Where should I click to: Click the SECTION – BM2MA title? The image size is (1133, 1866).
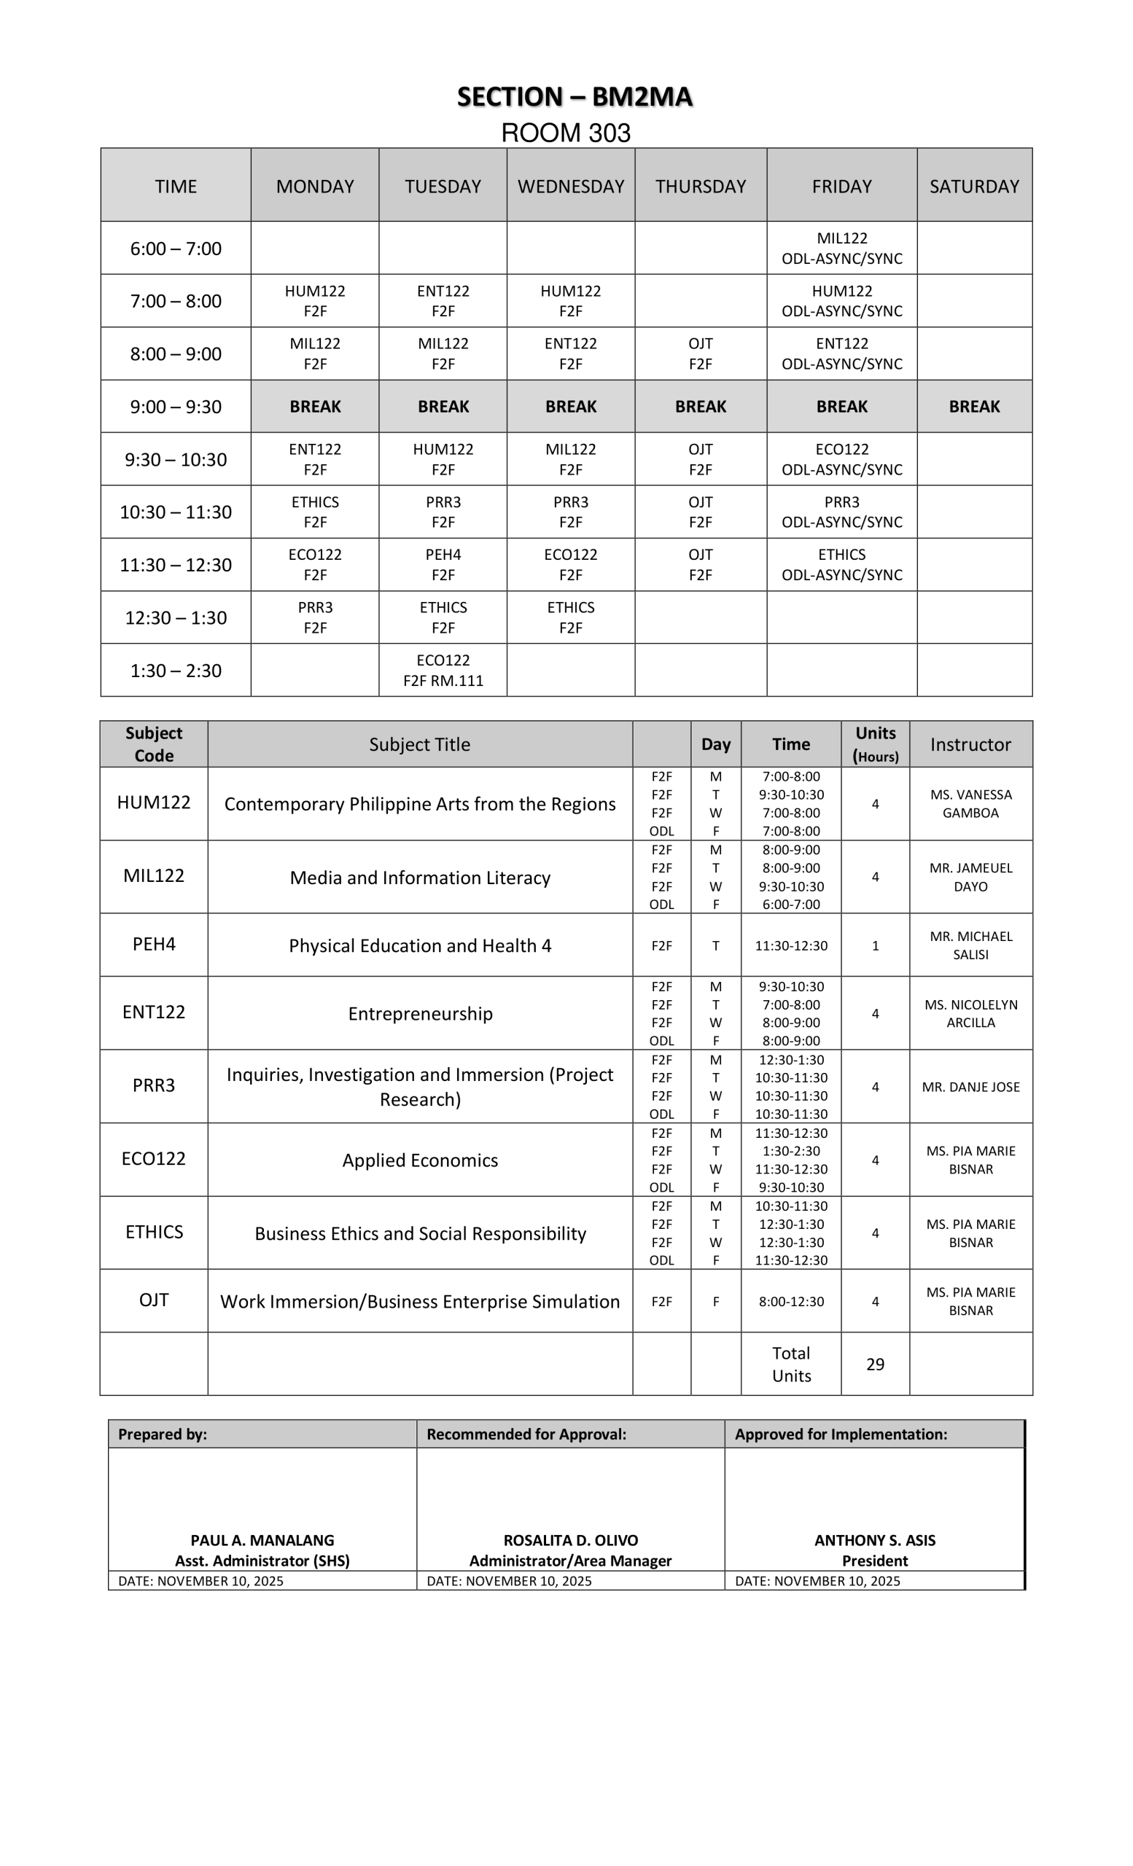tap(574, 97)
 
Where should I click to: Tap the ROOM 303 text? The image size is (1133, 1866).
tap(566, 133)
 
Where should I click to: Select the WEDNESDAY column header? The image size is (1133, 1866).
tap(570, 187)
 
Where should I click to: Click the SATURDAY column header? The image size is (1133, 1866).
tap(974, 187)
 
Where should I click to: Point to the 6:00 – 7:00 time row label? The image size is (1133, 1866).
tap(176, 249)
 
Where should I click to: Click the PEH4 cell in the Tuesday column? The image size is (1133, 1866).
tap(443, 564)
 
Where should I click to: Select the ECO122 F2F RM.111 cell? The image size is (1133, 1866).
tap(443, 670)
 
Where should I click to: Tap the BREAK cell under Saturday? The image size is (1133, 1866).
tap(974, 407)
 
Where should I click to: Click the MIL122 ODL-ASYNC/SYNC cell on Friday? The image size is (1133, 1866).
tap(841, 249)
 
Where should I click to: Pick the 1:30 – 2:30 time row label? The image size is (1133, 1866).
tap(176, 670)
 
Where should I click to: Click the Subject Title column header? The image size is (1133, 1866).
tap(419, 744)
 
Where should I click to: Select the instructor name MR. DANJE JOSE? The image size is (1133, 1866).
tap(970, 1087)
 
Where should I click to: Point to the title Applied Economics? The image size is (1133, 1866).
tap(419, 1160)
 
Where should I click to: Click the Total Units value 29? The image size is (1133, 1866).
tap(875, 1364)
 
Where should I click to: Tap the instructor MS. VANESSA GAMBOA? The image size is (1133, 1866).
tap(970, 803)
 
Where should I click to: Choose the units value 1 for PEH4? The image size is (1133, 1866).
tap(875, 945)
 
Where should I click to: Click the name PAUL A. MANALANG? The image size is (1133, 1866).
tap(262, 1539)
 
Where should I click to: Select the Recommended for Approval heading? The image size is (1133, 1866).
tap(526, 1434)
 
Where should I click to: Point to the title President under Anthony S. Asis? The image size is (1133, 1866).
tap(875, 1560)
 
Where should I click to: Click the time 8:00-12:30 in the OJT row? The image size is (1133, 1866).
tap(790, 1301)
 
